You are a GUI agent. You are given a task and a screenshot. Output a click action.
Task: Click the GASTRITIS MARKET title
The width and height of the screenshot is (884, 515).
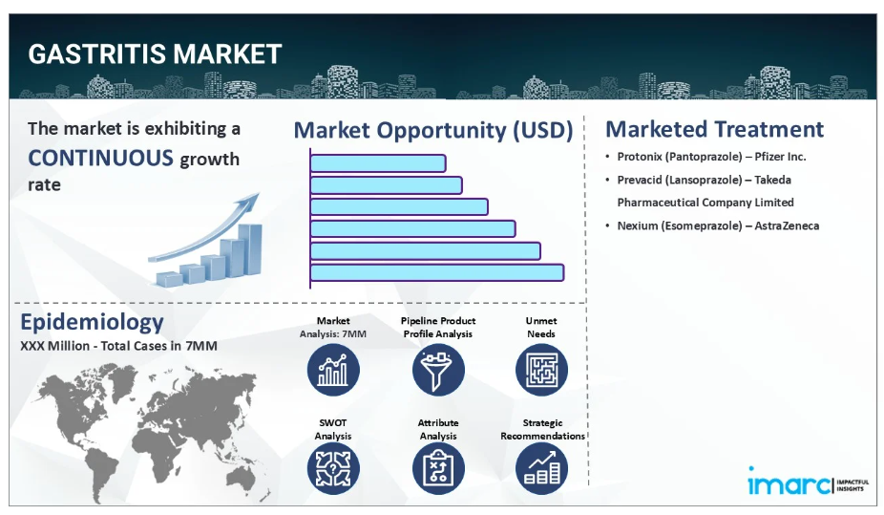click(155, 54)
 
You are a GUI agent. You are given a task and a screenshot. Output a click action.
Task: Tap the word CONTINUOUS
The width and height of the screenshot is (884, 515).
click(100, 158)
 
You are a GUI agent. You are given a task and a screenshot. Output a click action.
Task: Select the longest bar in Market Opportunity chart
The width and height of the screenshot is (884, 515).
click(437, 272)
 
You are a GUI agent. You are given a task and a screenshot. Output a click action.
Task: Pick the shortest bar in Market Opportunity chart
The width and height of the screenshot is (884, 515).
click(378, 163)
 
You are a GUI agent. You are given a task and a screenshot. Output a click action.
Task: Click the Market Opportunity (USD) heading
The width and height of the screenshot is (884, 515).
click(433, 130)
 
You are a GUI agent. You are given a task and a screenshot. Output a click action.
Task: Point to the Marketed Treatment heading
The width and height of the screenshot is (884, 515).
click(714, 129)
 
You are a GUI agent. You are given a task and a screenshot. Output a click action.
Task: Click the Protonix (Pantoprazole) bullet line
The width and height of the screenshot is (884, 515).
click(711, 157)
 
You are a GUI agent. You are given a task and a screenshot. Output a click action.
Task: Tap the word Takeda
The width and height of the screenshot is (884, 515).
click(772, 180)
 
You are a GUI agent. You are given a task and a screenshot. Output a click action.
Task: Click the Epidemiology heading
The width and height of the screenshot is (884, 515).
click(92, 322)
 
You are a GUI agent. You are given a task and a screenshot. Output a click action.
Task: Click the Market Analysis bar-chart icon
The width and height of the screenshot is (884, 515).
click(333, 370)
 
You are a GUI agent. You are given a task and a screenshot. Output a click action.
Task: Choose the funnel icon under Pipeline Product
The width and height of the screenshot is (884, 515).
click(438, 370)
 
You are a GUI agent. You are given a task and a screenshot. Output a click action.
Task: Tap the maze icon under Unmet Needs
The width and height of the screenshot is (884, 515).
click(541, 370)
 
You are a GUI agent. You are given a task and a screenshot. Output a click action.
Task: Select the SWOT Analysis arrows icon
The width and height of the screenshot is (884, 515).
click(333, 469)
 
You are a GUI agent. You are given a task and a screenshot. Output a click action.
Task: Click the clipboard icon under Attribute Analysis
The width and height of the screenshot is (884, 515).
click(438, 469)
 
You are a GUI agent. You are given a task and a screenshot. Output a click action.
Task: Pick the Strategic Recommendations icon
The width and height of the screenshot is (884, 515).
click(541, 469)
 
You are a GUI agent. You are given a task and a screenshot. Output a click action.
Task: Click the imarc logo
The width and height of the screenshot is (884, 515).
click(808, 482)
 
